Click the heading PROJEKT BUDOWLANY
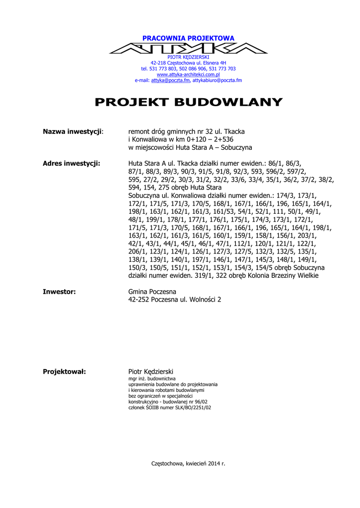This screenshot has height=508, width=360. (x=188, y=103)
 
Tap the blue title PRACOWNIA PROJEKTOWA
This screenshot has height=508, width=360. (x=188, y=38)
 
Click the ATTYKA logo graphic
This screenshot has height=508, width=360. (x=188, y=48)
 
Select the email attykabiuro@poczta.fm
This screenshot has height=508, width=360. (x=217, y=80)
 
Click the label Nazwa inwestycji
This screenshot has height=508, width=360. (x=72, y=131)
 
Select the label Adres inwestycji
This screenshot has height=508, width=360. (x=72, y=163)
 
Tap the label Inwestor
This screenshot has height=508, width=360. (x=59, y=292)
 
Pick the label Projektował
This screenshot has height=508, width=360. (x=65, y=372)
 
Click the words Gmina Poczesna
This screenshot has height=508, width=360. (x=152, y=292)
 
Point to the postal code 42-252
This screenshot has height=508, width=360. (x=139, y=300)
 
